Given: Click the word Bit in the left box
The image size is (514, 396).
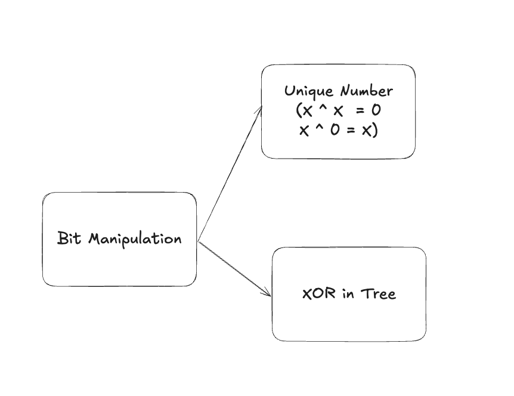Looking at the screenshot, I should (x=70, y=239).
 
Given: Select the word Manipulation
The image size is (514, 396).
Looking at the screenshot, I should (x=135, y=239).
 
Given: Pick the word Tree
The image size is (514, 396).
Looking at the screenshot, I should (x=377, y=293).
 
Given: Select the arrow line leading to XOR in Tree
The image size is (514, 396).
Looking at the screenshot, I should (x=234, y=268).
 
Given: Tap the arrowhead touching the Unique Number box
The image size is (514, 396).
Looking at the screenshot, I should (x=260, y=109).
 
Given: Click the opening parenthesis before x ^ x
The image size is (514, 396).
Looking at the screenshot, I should (x=299, y=111).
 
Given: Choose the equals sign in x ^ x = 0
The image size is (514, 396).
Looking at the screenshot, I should (x=360, y=111).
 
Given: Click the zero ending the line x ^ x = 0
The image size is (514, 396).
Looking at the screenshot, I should (x=376, y=111).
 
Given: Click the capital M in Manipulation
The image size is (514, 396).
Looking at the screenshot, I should (x=94, y=239).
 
